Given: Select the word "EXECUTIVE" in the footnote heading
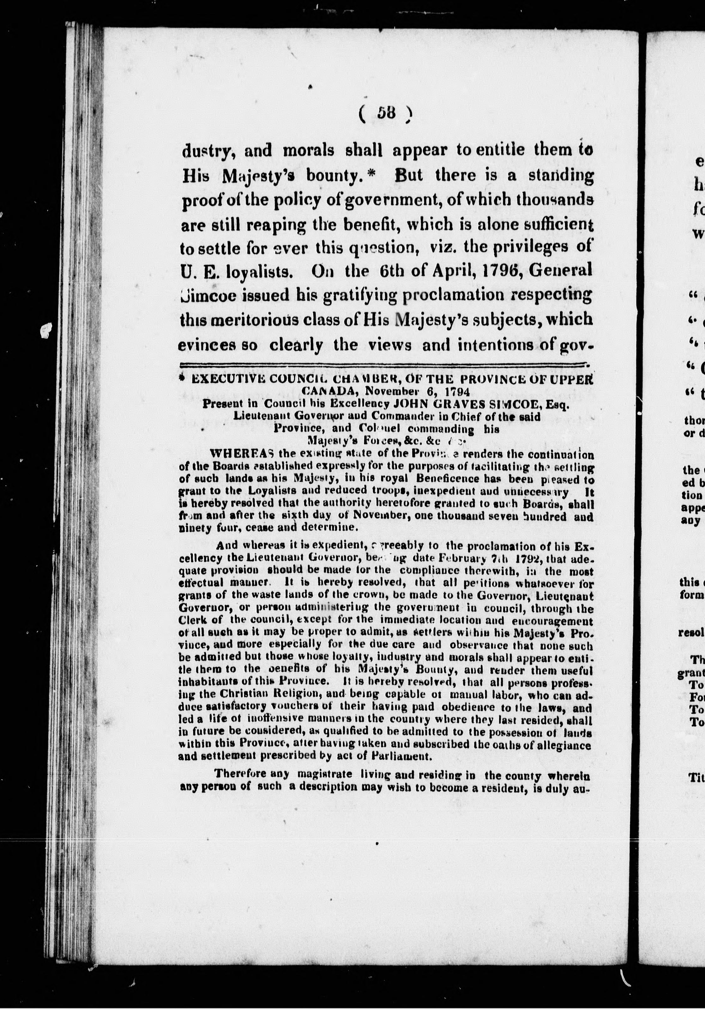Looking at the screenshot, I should click(x=221, y=380).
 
